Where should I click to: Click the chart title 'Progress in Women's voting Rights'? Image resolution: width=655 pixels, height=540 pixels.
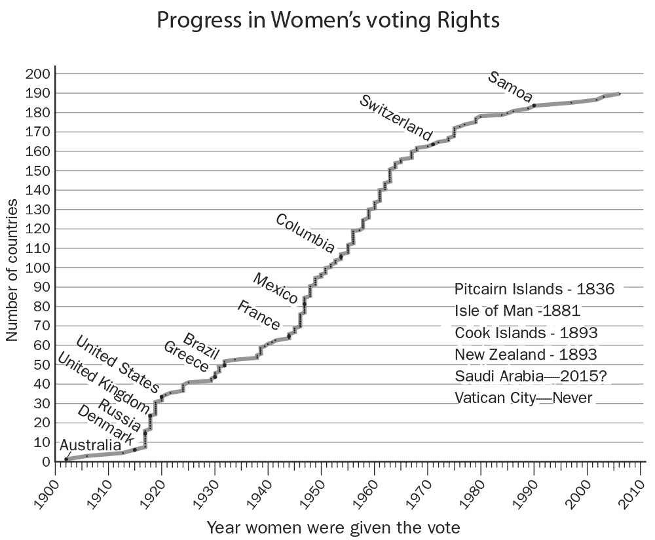pos(328,21)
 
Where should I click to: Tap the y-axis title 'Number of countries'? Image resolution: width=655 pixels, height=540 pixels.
pos(12,268)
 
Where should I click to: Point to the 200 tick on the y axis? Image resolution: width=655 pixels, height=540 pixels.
pos(37,74)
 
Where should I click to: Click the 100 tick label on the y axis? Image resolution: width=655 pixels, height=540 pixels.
pos(37,268)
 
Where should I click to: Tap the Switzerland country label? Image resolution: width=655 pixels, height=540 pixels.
pos(396,117)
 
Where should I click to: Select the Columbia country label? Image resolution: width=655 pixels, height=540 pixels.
pos(305,233)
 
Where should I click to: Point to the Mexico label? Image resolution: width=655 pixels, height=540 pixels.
pos(276,288)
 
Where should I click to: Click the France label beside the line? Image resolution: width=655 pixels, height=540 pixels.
pos(258,315)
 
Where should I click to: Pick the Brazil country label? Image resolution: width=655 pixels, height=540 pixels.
pos(200,345)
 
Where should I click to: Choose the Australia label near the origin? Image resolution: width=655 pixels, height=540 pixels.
pos(90,446)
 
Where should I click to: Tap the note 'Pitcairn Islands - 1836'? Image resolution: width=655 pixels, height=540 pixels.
pos(534,289)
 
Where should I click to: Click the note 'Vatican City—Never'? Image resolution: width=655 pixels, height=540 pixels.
pos(523,398)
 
